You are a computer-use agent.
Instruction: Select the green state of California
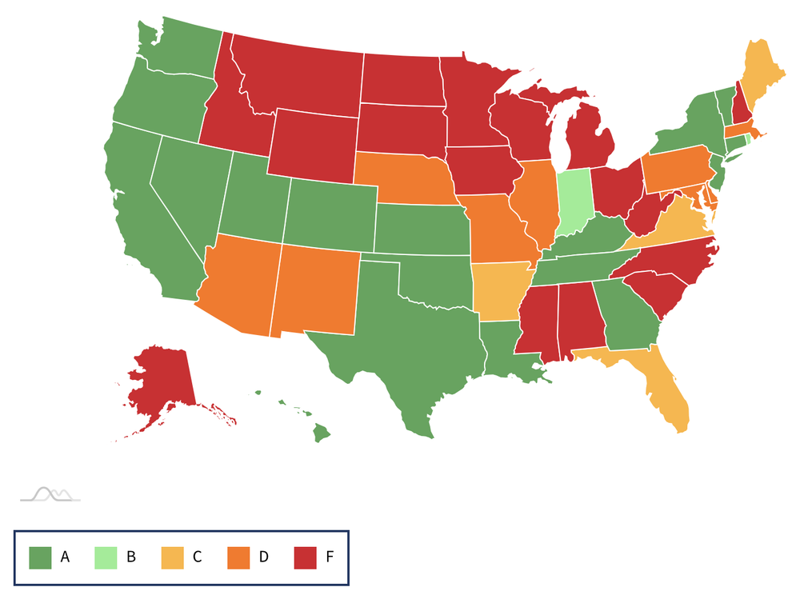click(144, 216)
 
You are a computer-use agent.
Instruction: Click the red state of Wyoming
click(312, 144)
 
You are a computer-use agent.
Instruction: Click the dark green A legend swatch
click(40, 557)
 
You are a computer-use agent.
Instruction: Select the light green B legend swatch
click(106, 557)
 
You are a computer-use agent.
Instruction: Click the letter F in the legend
click(330, 557)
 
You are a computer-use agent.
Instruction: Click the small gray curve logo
click(50, 494)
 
